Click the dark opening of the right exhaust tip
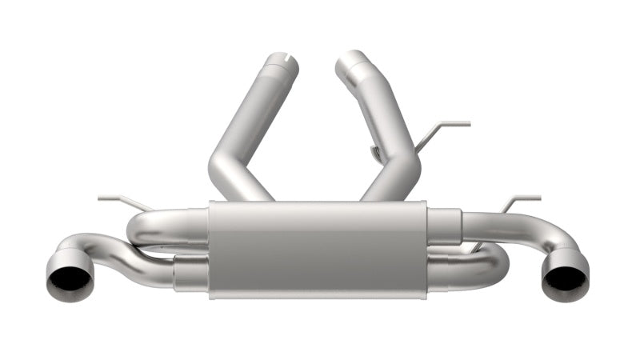[x=562, y=281]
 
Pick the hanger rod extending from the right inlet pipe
[x=448, y=126]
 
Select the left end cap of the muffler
[x=213, y=250]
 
